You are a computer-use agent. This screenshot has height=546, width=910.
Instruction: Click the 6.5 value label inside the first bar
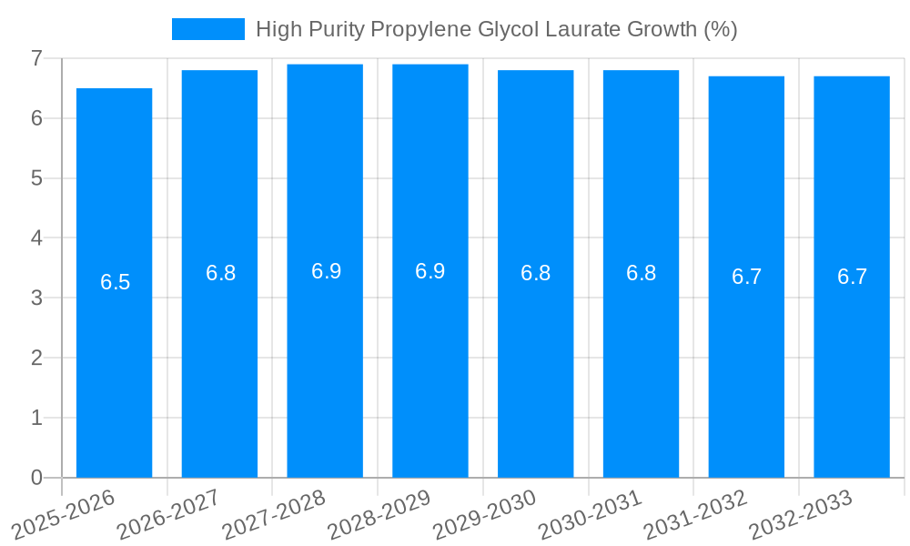click(x=116, y=282)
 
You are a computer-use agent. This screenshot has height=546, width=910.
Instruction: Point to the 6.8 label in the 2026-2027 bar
click(x=220, y=273)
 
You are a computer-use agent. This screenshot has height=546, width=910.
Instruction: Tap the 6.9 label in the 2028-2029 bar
click(x=430, y=271)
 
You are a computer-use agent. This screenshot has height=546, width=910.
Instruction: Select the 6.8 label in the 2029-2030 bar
click(x=535, y=273)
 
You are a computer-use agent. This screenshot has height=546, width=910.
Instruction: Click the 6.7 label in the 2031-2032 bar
click(x=746, y=277)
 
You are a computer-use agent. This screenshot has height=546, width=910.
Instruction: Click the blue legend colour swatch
click(x=208, y=29)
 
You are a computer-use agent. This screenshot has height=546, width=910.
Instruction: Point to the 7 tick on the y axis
click(x=36, y=58)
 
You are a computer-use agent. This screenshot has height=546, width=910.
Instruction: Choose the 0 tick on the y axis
click(x=36, y=478)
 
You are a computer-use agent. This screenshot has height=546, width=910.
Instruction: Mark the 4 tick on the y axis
click(x=36, y=238)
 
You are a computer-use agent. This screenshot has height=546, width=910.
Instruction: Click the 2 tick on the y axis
click(x=36, y=358)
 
